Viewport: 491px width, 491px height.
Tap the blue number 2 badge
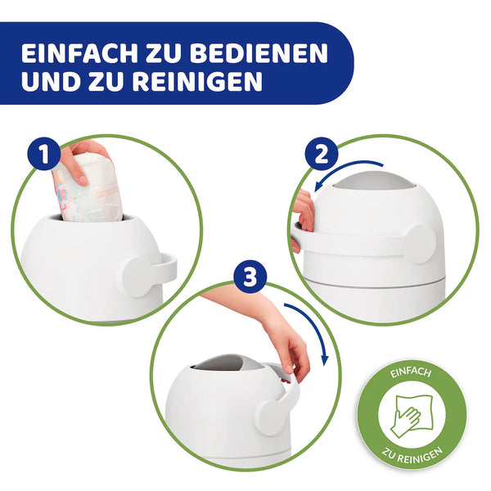pyautogui.click(x=322, y=155)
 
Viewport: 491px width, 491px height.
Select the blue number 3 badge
pyautogui.click(x=248, y=278)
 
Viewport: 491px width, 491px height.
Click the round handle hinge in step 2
pyautogui.click(x=420, y=243)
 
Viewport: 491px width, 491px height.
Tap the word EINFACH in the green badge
pyautogui.click(x=409, y=375)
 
